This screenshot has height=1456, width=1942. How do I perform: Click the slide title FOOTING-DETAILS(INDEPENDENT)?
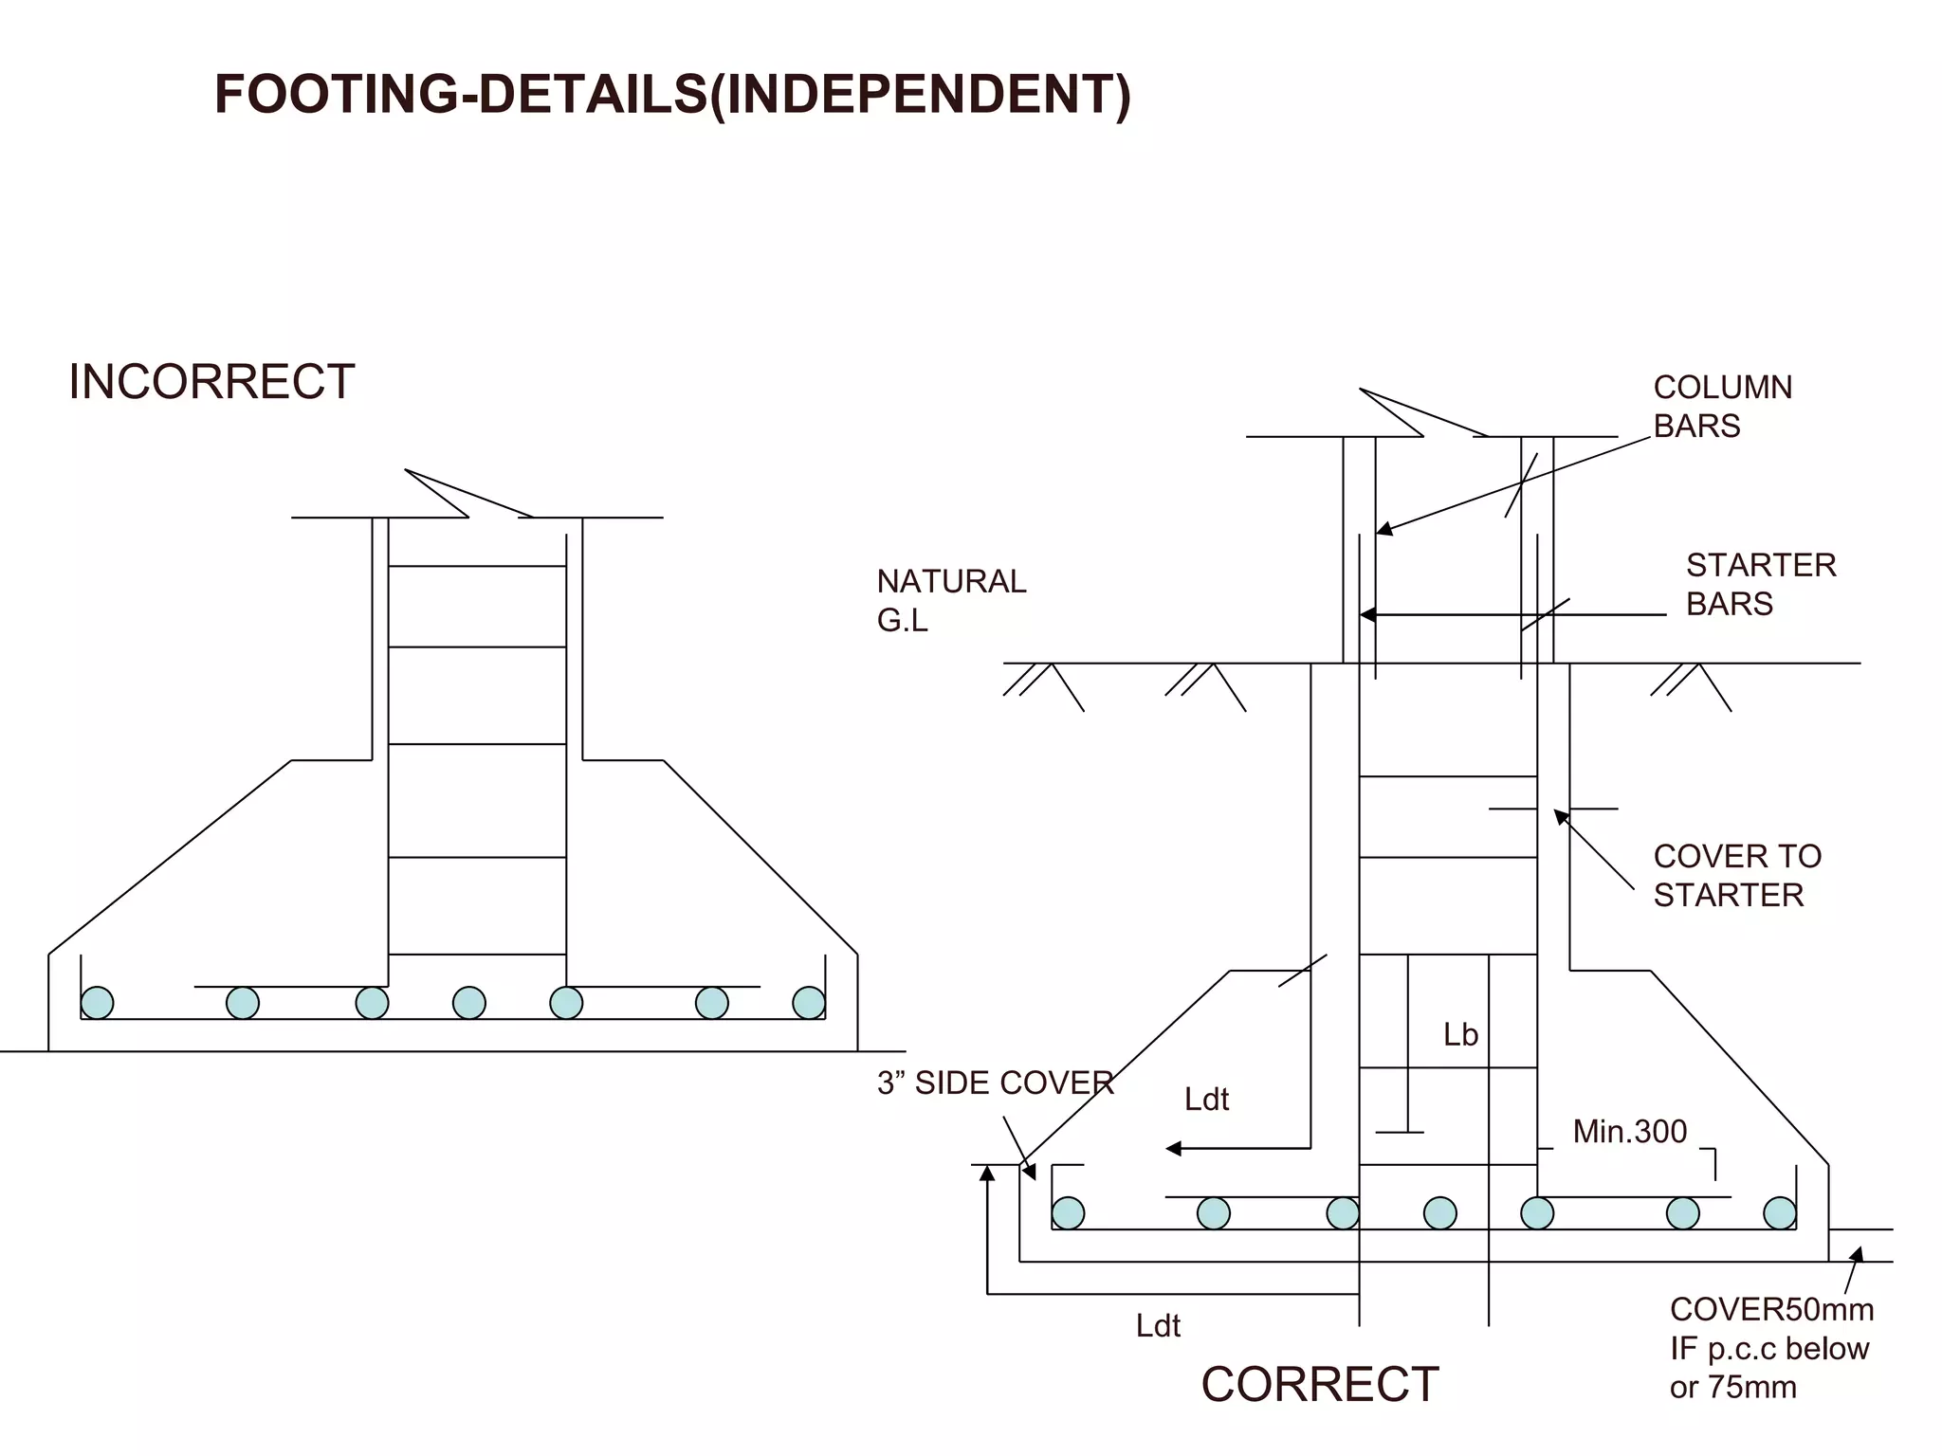click(672, 95)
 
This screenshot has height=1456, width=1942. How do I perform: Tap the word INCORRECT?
click(211, 382)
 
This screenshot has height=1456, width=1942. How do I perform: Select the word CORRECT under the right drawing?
click(1319, 1385)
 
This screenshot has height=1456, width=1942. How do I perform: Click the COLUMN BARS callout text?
click(1722, 407)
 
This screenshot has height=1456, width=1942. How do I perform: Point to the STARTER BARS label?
click(1760, 584)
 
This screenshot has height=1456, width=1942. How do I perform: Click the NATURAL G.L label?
click(950, 600)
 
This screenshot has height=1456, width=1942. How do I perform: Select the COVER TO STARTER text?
click(1736, 875)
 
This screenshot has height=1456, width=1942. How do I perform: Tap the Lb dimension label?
click(1460, 1035)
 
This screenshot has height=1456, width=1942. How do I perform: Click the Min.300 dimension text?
click(1629, 1131)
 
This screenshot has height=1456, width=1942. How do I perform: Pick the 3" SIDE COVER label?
click(995, 1083)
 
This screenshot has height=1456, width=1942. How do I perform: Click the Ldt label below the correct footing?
click(1158, 1325)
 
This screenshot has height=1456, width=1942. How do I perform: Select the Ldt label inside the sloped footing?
click(1206, 1100)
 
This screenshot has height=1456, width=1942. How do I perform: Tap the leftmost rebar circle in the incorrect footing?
click(97, 1003)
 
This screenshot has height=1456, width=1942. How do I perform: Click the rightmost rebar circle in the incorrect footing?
click(809, 1003)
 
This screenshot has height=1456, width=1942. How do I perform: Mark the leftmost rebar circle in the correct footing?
click(1068, 1213)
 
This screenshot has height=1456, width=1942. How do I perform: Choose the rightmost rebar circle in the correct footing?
click(1779, 1213)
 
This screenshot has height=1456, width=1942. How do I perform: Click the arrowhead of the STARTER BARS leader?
click(1367, 615)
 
